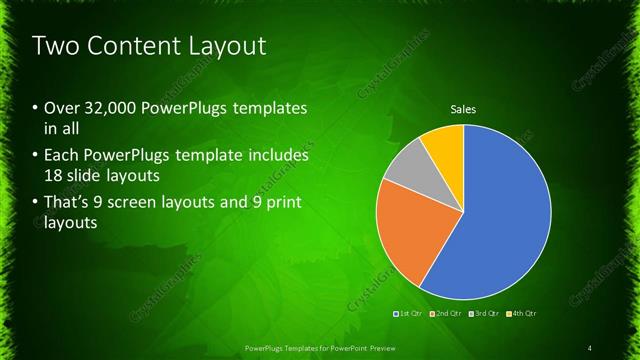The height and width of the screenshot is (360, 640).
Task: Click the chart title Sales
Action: pyautogui.click(x=463, y=109)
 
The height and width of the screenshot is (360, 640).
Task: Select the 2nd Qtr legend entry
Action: pyautogui.click(x=445, y=315)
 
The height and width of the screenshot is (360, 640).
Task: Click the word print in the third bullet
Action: pyautogui.click(x=276, y=203)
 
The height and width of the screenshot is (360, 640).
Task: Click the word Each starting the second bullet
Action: pyautogui.click(x=62, y=156)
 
